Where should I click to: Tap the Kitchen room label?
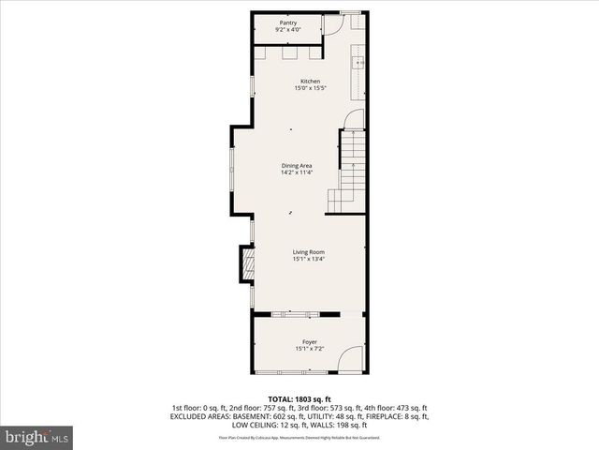coord(310,82)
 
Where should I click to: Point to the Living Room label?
coord(308,252)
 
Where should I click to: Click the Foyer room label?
coord(309,342)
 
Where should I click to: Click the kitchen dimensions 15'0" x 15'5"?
coord(310,89)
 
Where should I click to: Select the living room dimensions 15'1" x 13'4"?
coord(308,260)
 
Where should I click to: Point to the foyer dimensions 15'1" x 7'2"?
coord(309,350)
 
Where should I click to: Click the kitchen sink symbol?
coord(358,64)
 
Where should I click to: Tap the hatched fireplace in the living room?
coord(247,264)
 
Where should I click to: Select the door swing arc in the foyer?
coord(352,358)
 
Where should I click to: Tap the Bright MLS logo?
coord(37,437)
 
